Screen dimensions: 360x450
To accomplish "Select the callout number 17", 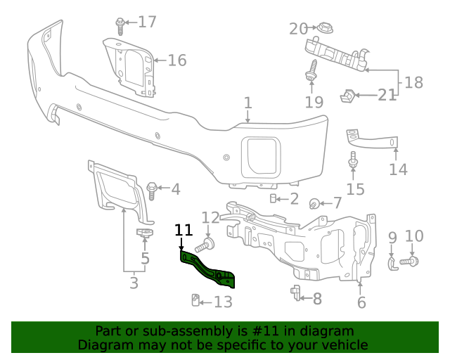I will click(x=147, y=22).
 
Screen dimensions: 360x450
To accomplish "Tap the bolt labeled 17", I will click(x=121, y=25).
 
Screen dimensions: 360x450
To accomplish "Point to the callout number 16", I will click(x=177, y=60).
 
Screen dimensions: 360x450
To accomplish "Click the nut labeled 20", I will click(x=325, y=29).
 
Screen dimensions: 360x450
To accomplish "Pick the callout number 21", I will click(x=387, y=94).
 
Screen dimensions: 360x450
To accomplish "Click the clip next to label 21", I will click(x=348, y=94).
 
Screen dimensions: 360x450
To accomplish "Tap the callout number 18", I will click(x=413, y=83).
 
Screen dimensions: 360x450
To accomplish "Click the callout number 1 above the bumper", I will click(x=247, y=103).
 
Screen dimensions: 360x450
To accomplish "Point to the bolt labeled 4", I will click(x=152, y=188).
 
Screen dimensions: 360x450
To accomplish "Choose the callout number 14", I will click(x=398, y=169).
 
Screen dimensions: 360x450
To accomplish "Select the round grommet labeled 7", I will click(x=315, y=204).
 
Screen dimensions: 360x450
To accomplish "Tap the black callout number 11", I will click(x=184, y=230).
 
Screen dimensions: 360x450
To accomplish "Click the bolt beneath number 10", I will click(x=411, y=262).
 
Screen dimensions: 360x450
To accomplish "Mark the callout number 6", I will click(x=361, y=303).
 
